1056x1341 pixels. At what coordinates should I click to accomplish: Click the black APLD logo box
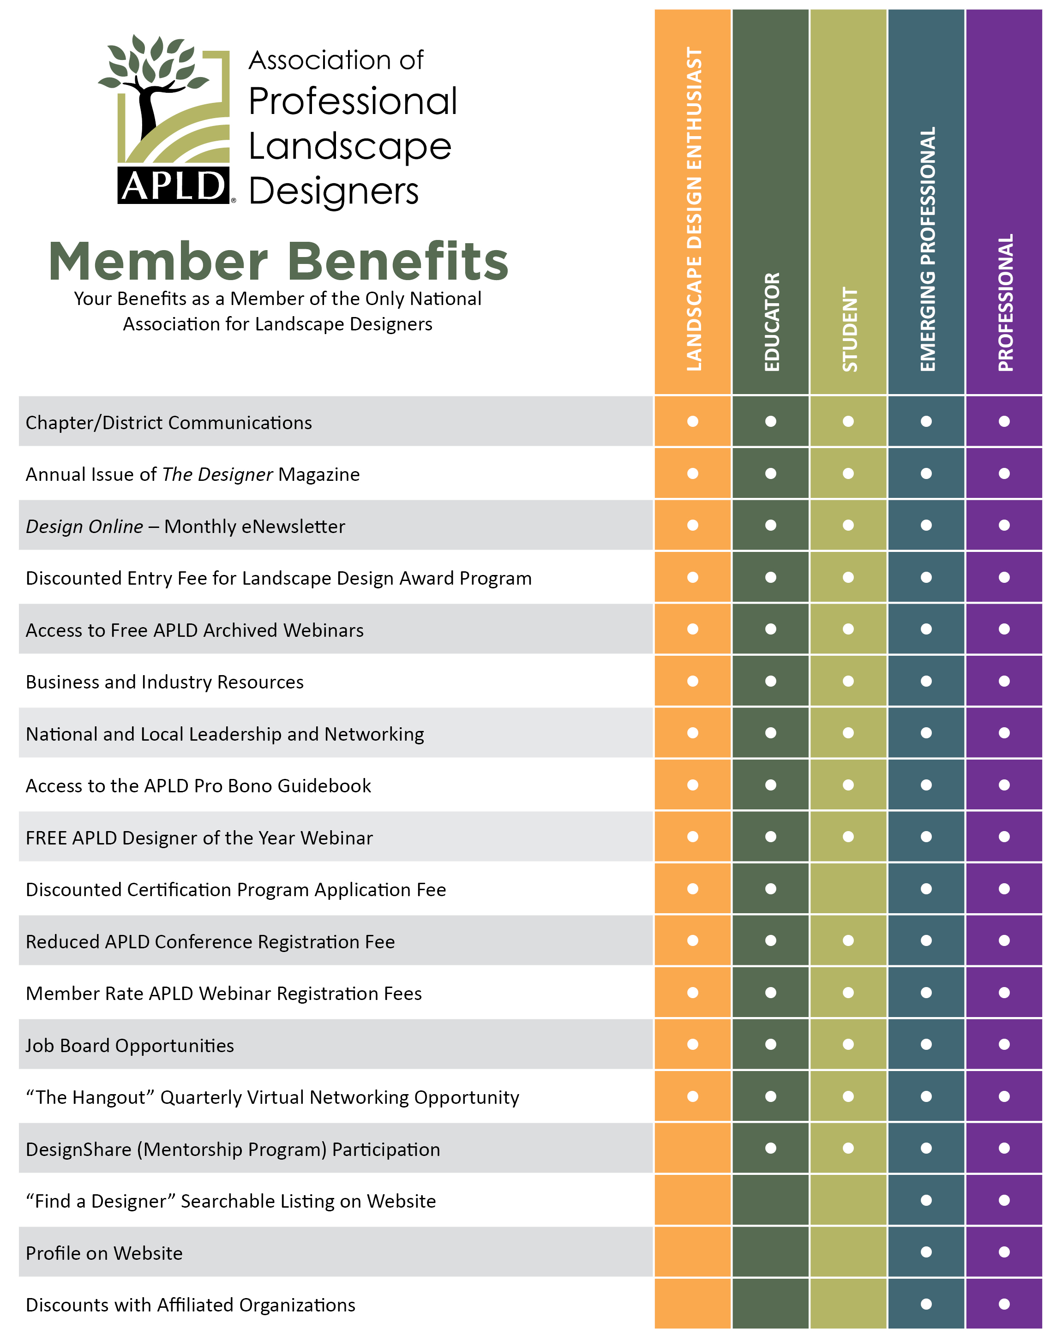[173, 185]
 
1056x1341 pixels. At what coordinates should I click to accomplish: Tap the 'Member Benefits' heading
[278, 261]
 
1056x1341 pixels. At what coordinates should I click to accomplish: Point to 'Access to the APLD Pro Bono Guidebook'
[198, 786]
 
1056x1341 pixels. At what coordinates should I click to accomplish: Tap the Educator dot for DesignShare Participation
[770, 1149]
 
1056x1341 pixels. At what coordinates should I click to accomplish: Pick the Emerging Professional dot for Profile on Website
[926, 1252]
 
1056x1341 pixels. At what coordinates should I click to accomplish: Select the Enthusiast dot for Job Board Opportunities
[693, 1045]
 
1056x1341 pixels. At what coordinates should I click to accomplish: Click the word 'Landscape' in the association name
[350, 147]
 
